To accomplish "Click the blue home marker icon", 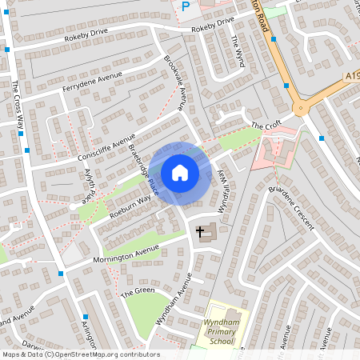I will pos(179,172).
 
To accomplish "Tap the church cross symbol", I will pos(199,231).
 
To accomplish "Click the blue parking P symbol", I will pos(186,6).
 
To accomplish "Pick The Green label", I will pos(138,292).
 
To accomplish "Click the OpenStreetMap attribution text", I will pos(80,354).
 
